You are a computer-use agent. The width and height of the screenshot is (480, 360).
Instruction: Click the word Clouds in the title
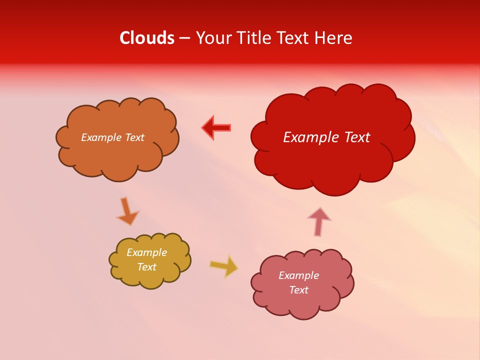click(x=147, y=38)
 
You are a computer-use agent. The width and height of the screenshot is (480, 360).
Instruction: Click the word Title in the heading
click(x=254, y=38)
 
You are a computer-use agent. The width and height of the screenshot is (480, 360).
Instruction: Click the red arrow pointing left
click(x=216, y=128)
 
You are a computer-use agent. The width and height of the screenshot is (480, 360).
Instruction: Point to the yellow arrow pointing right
click(x=223, y=266)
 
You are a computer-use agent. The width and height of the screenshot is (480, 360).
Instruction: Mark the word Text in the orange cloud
click(x=134, y=137)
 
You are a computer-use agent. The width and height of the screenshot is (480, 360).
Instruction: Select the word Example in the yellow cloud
click(x=146, y=252)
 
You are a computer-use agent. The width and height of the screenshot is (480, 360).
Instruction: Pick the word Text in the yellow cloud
click(x=146, y=267)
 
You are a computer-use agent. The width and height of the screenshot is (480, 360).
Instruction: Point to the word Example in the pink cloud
click(x=298, y=275)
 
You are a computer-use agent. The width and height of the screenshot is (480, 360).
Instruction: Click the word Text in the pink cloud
click(x=298, y=290)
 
